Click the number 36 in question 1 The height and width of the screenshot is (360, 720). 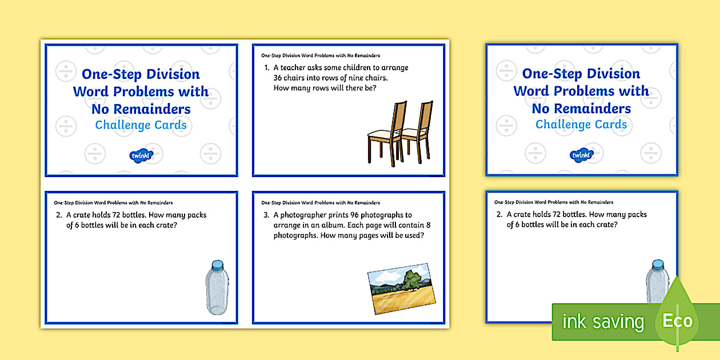(x=279, y=78)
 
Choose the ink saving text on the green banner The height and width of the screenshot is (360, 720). (x=603, y=322)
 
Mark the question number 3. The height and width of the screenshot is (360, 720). (x=266, y=215)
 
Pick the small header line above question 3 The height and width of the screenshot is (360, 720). (x=321, y=203)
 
